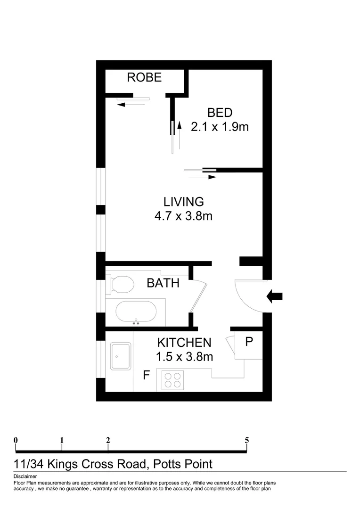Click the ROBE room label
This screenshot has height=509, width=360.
pyautogui.click(x=144, y=77)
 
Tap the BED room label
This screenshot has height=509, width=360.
pyautogui.click(x=220, y=113)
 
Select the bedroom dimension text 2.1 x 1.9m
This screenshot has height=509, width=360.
pyautogui.click(x=220, y=127)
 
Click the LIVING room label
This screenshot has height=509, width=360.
pyautogui.click(x=183, y=202)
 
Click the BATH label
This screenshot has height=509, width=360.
pyautogui.click(x=163, y=283)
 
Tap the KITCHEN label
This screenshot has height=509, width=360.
pyautogui.click(x=184, y=343)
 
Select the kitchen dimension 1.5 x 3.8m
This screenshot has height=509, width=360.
pyautogui.click(x=184, y=357)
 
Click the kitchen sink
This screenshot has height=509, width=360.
pyautogui.click(x=121, y=356)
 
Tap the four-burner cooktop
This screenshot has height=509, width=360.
pyautogui.click(x=172, y=380)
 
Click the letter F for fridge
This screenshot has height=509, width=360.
pyautogui.click(x=147, y=376)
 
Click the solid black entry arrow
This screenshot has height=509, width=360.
pyautogui.click(x=274, y=296)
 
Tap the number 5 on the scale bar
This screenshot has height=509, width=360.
pyautogui.click(x=247, y=440)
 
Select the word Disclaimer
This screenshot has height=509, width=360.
pyautogui.click(x=25, y=477)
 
